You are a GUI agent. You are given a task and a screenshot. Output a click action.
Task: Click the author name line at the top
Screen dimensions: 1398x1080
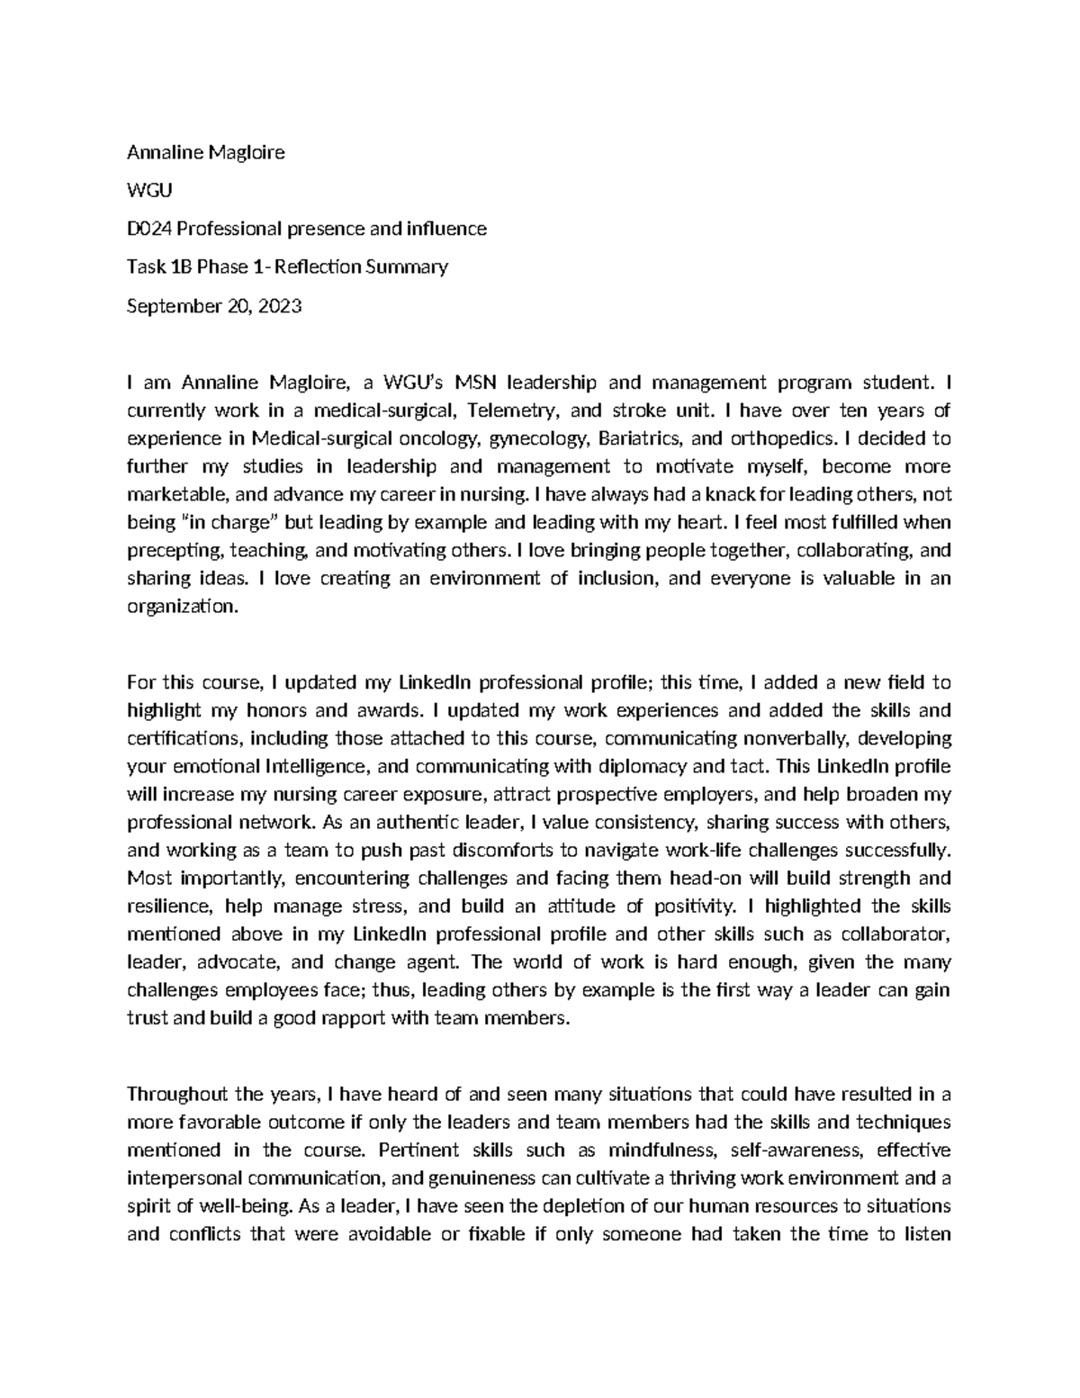[206, 152]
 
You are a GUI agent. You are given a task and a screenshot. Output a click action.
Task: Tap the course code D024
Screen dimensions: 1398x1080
[148, 229]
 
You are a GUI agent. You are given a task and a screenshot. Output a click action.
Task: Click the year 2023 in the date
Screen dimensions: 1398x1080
[279, 306]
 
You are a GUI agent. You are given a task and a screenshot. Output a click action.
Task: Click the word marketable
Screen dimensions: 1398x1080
[179, 494]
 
